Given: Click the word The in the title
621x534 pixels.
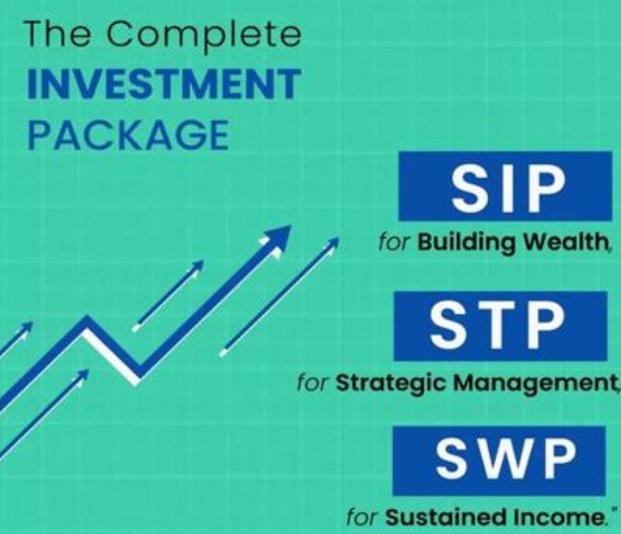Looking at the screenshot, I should pos(60,37).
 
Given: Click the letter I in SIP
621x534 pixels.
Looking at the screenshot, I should pos(509,186).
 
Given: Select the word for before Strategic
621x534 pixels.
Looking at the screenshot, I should pos(314,384).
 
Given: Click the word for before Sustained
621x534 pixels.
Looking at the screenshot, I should pos(364,517).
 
